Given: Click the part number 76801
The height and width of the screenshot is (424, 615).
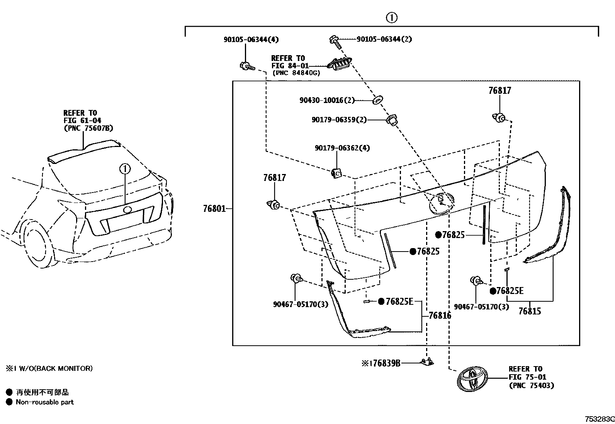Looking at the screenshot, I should point(214,209).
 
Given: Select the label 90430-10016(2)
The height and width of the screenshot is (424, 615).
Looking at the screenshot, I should point(327,100).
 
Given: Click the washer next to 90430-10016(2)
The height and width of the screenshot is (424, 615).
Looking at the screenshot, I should point(377,100).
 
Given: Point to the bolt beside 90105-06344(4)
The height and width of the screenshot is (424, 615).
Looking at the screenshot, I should point(246,67).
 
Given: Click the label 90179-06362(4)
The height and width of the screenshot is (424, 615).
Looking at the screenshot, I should point(342,148).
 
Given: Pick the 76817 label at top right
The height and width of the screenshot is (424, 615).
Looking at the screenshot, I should point(499,91).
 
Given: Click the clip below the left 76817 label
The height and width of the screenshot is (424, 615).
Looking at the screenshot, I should point(274,205).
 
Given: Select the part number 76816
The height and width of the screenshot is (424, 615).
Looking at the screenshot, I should point(440,316).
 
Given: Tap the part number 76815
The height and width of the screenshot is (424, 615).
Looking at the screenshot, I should point(529,311).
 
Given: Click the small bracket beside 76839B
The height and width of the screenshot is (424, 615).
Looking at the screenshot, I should point(427,362).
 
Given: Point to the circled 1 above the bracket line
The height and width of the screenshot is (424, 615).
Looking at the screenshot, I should point(391,17).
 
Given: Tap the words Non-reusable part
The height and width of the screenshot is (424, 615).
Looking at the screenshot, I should point(44,402).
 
